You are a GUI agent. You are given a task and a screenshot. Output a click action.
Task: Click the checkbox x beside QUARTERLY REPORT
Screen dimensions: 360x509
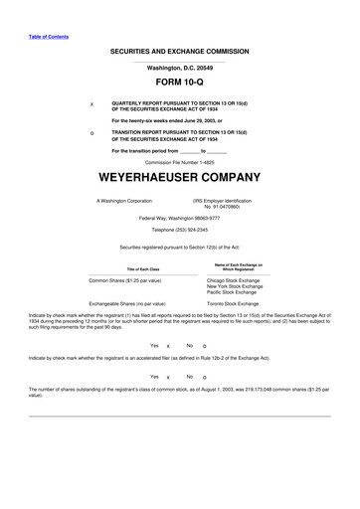[x=91, y=103]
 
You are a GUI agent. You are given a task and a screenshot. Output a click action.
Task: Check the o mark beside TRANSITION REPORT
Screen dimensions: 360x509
[x=91, y=132]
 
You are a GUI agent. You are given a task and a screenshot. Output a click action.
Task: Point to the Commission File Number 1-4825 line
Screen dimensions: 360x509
[x=180, y=160]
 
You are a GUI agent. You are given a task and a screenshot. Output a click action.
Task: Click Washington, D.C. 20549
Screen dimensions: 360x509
[x=180, y=67]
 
